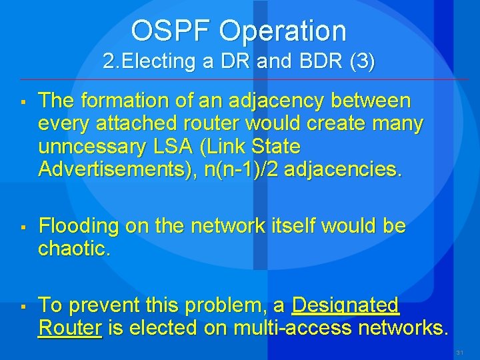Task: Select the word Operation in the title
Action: tap(283, 31)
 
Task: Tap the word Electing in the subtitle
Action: tap(159, 62)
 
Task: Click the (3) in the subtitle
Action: tap(362, 62)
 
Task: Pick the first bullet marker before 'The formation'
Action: tap(22, 103)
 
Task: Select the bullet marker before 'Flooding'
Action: tap(22, 228)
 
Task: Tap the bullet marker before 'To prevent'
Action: tap(22, 307)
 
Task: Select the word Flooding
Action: tap(79, 227)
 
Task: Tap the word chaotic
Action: tap(74, 249)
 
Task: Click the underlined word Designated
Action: tap(345, 305)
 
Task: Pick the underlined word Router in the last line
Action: tap(70, 328)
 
